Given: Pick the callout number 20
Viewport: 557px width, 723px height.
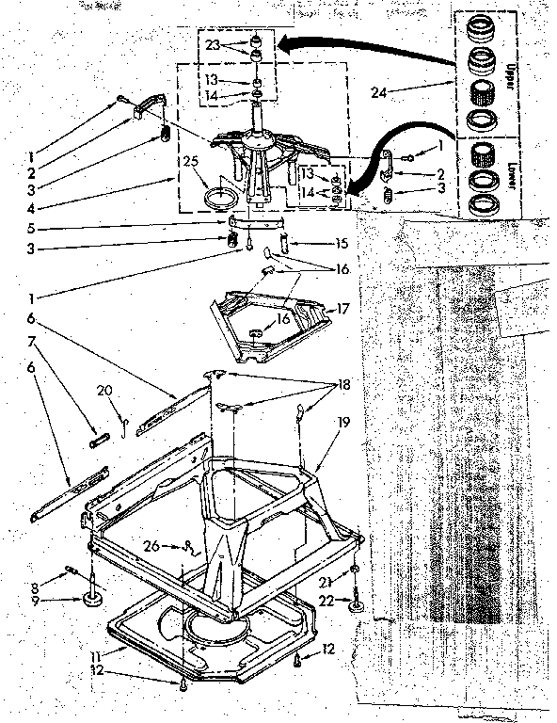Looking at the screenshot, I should [104, 390].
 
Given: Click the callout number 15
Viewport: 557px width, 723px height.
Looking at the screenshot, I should [344, 242].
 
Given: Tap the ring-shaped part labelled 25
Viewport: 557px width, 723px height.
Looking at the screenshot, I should [222, 199].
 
